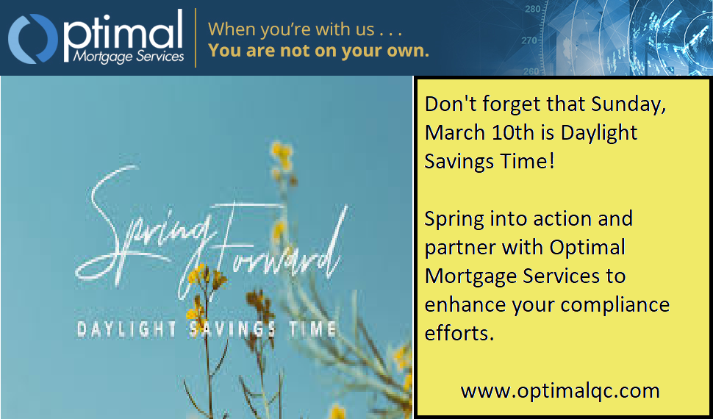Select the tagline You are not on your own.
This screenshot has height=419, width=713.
pyautogui.click(x=318, y=51)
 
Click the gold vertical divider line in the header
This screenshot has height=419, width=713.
pyautogui.click(x=196, y=37)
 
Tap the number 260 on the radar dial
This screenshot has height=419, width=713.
pyautogui.click(x=531, y=71)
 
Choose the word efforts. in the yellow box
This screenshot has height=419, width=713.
pyautogui.click(x=459, y=334)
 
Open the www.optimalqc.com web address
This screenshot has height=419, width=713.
pyautogui.click(x=560, y=391)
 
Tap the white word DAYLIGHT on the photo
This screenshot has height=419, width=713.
pyautogui.click(x=127, y=329)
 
